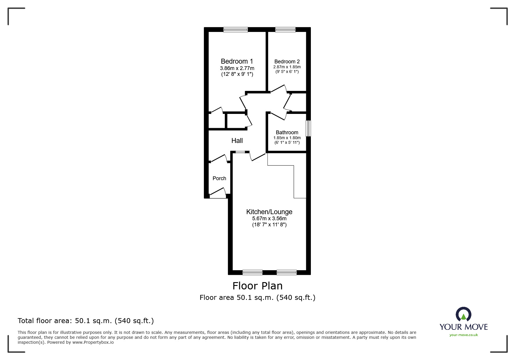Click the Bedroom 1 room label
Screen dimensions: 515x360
[x=237, y=61]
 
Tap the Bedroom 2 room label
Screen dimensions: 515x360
[x=287, y=62]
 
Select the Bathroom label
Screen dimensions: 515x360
[x=287, y=132]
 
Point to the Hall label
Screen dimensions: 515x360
[x=237, y=141]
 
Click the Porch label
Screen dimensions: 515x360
[x=219, y=178]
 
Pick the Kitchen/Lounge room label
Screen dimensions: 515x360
[x=269, y=212]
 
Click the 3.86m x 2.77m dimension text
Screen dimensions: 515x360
[x=237, y=68]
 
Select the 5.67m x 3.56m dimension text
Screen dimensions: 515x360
[x=269, y=218]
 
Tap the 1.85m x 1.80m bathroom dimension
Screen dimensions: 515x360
[x=287, y=138]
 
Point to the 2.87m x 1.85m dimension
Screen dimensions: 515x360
[x=287, y=67]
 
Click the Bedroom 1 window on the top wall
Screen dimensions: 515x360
[x=236, y=29]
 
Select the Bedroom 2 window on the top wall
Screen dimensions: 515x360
[x=285, y=29]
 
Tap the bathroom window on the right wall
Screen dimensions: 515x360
[x=309, y=128]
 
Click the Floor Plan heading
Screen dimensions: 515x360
[x=257, y=286]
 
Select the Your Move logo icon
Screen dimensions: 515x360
[x=464, y=314]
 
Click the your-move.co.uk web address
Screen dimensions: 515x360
[x=464, y=335]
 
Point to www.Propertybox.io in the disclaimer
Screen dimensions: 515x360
[x=93, y=342]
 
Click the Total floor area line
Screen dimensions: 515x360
[x=86, y=321]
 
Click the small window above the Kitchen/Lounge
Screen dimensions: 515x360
[x=240, y=152]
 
